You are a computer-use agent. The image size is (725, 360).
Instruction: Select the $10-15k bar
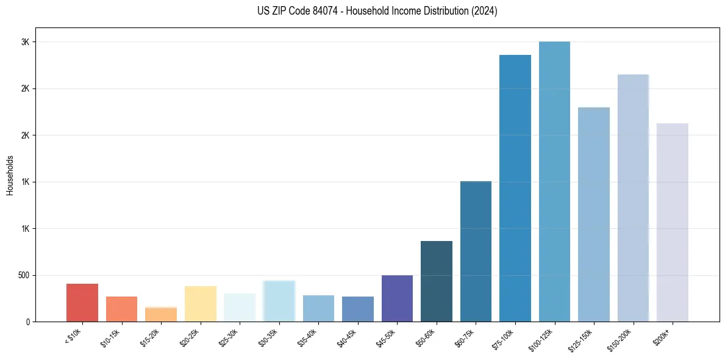(x=121, y=309)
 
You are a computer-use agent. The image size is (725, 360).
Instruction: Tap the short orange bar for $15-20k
(x=161, y=314)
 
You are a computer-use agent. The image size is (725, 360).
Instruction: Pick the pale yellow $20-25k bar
(x=200, y=304)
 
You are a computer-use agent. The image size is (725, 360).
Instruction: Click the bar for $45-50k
(x=397, y=298)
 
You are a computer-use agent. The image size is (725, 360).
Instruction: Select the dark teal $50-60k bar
(x=437, y=281)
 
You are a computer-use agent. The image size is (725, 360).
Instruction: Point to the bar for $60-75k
(x=476, y=251)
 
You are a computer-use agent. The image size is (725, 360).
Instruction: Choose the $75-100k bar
(x=515, y=189)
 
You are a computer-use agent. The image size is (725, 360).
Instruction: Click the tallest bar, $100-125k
(x=554, y=182)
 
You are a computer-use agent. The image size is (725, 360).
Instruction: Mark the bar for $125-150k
(x=594, y=215)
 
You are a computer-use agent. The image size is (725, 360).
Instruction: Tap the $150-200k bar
(x=633, y=198)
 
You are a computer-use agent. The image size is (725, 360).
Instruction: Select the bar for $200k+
(x=673, y=223)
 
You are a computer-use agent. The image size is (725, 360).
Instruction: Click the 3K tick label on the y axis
(x=25, y=42)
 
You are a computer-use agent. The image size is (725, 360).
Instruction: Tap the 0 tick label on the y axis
(x=27, y=322)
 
